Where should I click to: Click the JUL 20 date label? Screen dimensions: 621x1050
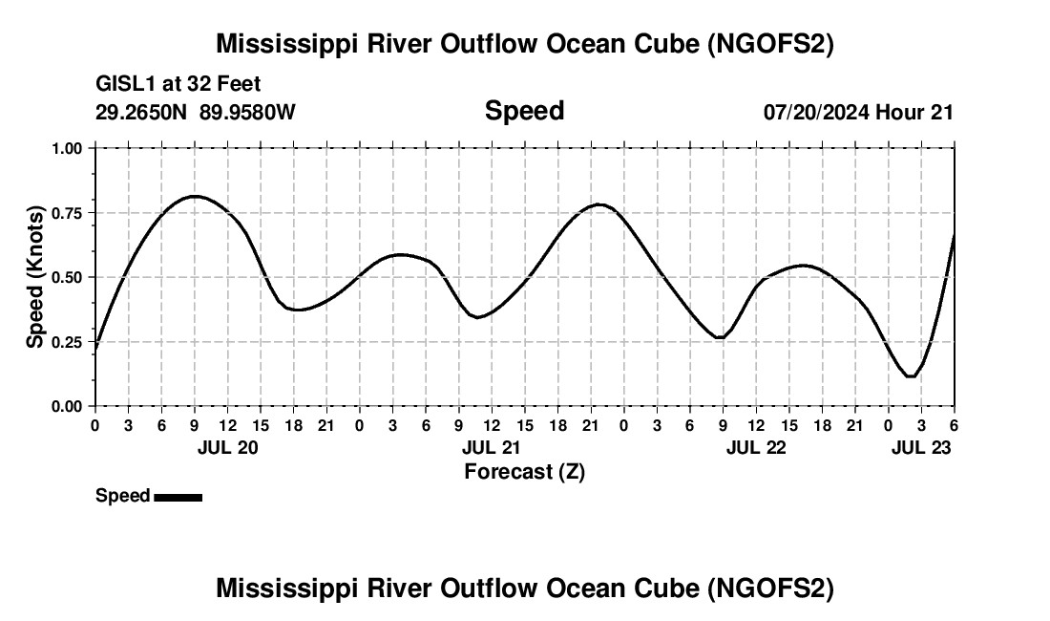pos(227,447)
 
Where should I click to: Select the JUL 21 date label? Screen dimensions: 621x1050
pos(492,447)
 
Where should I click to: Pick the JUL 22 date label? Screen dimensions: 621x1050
pos(756,447)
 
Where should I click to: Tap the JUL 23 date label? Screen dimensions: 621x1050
pos(921,447)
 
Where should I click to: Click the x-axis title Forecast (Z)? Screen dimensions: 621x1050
pos(524,471)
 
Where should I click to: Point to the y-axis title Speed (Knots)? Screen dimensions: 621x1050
pos(35,277)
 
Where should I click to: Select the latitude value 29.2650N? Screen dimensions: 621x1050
pos(142,112)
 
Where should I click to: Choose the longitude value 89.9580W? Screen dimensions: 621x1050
pos(247,112)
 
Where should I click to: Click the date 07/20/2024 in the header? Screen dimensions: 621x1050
pos(816,112)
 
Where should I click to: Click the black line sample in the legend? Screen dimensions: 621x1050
pos(178,497)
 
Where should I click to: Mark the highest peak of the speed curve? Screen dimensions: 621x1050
pos(195,196)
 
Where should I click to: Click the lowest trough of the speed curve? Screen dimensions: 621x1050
pos(911,376)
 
